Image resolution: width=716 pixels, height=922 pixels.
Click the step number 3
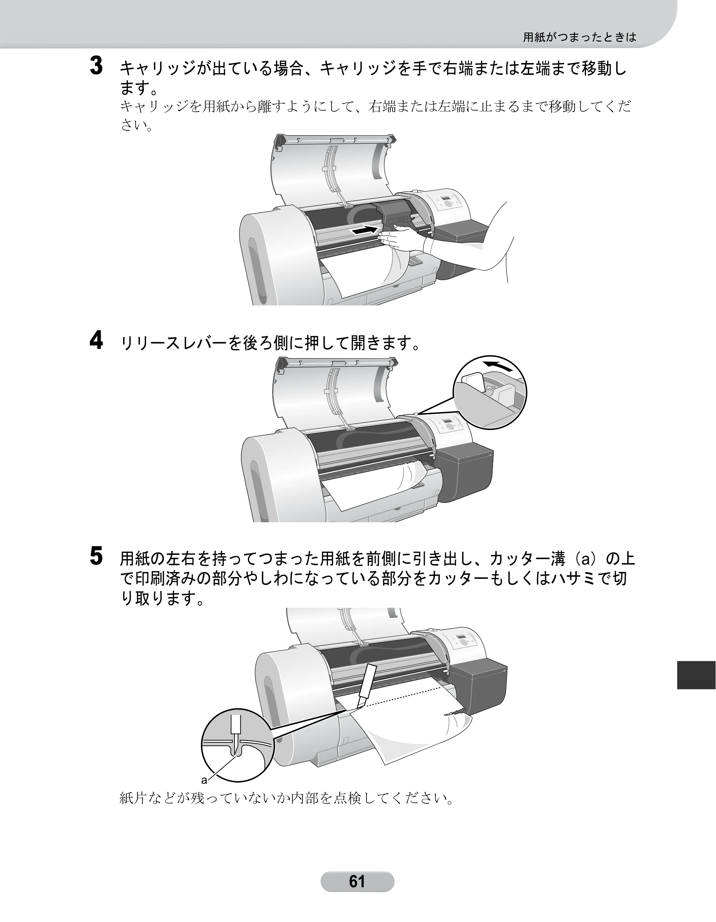[97, 67]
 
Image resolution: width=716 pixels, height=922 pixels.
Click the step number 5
[97, 556]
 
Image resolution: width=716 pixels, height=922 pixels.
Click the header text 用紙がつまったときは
[580, 37]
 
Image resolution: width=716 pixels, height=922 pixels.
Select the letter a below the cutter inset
[203, 779]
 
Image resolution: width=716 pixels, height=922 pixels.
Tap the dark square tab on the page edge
[696, 675]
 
